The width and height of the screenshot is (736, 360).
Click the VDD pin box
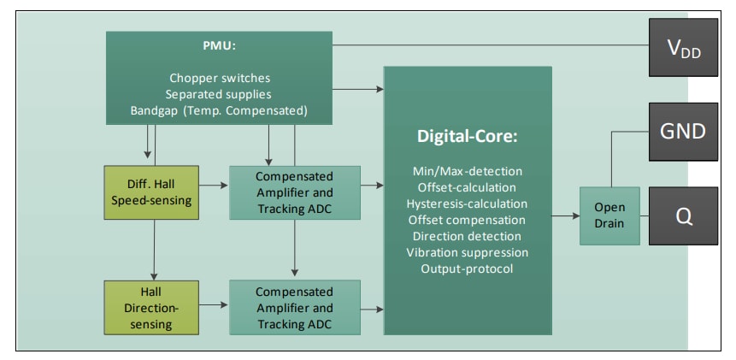(x=682, y=47)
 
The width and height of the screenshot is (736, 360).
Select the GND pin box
(x=682, y=132)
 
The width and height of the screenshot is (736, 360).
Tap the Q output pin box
(x=682, y=215)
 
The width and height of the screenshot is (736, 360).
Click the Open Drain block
(x=609, y=215)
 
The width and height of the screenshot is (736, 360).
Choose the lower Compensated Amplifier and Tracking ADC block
(x=294, y=308)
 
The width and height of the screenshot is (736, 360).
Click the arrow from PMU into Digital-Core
(x=359, y=88)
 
